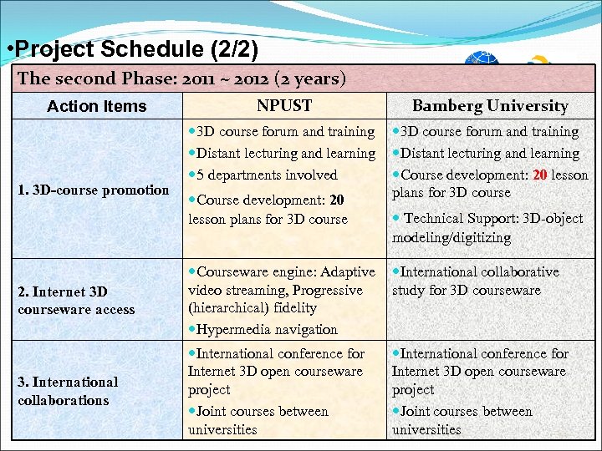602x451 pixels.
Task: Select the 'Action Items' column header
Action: (96, 106)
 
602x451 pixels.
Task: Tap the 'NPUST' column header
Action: (284, 105)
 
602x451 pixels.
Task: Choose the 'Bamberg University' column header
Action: (490, 105)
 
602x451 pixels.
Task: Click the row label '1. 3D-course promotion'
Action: (93, 190)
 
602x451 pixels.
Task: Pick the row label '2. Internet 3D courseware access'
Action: (76, 301)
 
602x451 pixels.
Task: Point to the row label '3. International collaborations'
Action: (68, 391)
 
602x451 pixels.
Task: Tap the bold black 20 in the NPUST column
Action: (336, 200)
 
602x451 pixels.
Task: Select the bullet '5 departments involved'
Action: (267, 175)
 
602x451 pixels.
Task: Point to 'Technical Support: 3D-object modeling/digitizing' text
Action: (491, 227)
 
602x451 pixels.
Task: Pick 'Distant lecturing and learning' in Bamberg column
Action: (489, 153)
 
